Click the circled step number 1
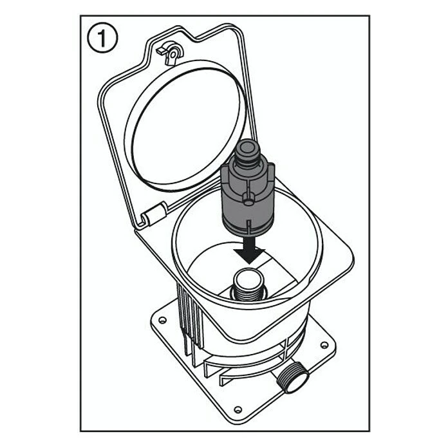(x=102, y=37)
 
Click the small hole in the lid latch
(x=173, y=53)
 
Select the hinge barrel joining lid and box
(x=155, y=214)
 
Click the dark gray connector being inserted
(x=247, y=189)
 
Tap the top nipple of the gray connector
(x=247, y=149)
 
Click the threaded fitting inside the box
(x=248, y=286)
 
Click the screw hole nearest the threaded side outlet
(x=324, y=345)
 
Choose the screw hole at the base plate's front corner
(x=238, y=410)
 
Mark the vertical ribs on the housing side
(x=190, y=323)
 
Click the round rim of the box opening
(x=173, y=243)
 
